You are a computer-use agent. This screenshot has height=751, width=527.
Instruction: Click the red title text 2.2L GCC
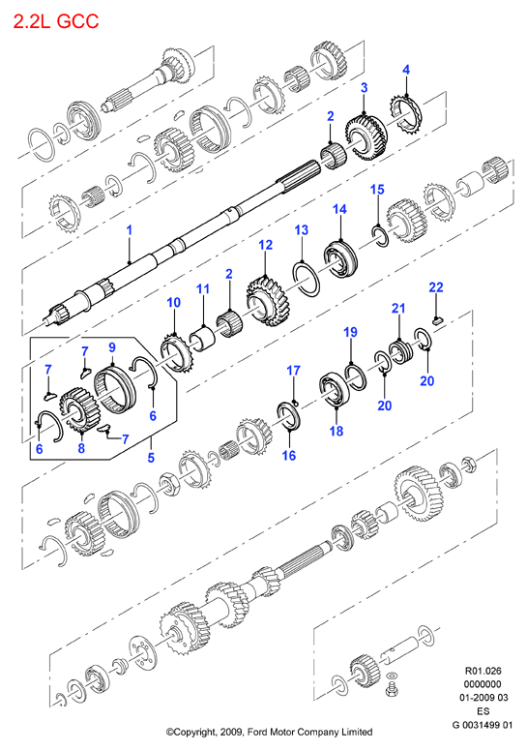pyautogui.click(x=56, y=21)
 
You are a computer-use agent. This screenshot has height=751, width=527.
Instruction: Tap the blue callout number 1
pyautogui.click(x=129, y=230)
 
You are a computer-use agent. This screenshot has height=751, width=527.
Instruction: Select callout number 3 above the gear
pyautogui.click(x=365, y=88)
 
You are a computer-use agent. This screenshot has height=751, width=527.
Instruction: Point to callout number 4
pyautogui.click(x=406, y=70)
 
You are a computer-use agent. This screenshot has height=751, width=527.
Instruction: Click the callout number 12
pyautogui.click(x=265, y=245)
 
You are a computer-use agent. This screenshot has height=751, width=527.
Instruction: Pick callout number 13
pyautogui.click(x=302, y=230)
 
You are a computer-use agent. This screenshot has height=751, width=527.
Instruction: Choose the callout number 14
pyautogui.click(x=339, y=209)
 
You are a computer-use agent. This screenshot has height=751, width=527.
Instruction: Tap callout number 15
pyautogui.click(x=377, y=189)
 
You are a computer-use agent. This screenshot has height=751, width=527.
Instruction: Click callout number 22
pyautogui.click(x=436, y=286)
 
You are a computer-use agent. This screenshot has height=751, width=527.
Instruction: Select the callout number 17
pyautogui.click(x=293, y=371)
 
